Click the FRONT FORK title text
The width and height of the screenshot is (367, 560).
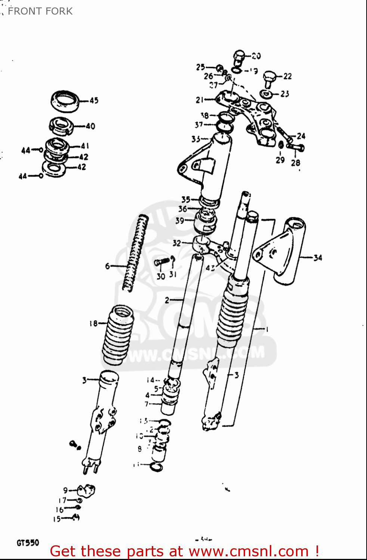tap(40, 11)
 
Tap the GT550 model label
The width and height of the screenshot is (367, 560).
tap(28, 542)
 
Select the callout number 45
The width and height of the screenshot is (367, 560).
tap(94, 100)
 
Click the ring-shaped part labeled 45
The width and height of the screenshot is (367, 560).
tap(65, 101)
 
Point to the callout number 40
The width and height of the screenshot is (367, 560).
tap(90, 126)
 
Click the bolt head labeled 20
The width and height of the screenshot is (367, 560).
tap(239, 56)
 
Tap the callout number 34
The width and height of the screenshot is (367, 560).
tap(318, 258)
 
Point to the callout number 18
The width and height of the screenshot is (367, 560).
tap(93, 323)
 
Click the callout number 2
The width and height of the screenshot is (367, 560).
tap(167, 300)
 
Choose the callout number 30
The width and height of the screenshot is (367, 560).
tap(161, 277)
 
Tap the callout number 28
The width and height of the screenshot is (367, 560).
tap(296, 163)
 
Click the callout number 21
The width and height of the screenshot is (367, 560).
tap(200, 100)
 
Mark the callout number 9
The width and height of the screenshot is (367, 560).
tap(65, 490)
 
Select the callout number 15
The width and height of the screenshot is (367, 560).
tap(57, 519)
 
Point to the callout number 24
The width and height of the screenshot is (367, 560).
tap(301, 136)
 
